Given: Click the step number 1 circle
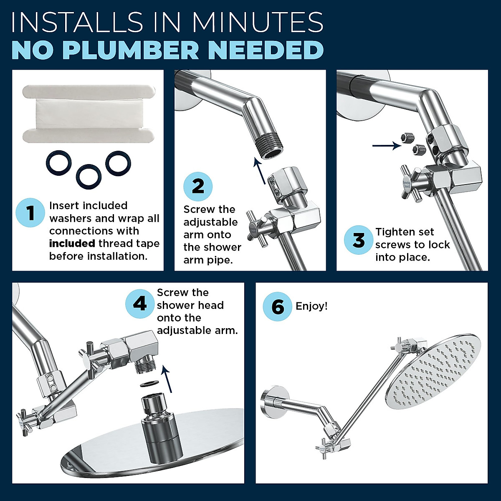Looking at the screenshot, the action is click(x=30, y=213).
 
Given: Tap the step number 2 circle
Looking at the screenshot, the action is click(x=198, y=186).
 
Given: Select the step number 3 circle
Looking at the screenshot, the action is click(x=359, y=240).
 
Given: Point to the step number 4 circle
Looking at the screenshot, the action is click(x=140, y=304).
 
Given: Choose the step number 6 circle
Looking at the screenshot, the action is click(x=278, y=306).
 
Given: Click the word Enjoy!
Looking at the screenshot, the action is click(x=311, y=306).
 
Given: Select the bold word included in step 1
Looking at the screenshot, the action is click(x=72, y=243).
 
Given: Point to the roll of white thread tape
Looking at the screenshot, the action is click(x=89, y=114).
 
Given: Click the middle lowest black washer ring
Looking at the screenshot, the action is click(x=89, y=177).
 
